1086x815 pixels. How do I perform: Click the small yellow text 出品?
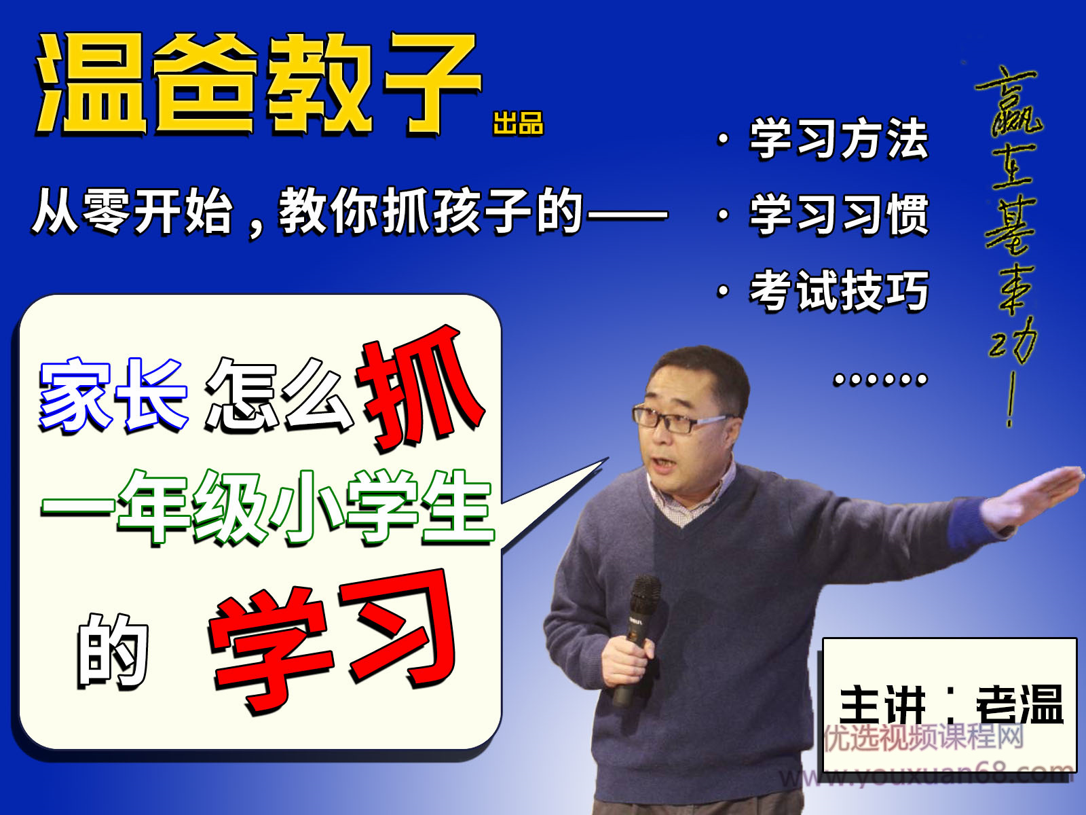[519, 124]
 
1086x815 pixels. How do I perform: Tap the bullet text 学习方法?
[839, 139]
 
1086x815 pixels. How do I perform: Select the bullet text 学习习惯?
[839, 215]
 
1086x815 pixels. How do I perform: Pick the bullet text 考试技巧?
[839, 291]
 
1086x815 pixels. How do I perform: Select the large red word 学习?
[333, 638]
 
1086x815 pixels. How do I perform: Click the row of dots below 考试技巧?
[880, 379]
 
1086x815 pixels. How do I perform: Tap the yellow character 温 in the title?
[92, 85]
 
